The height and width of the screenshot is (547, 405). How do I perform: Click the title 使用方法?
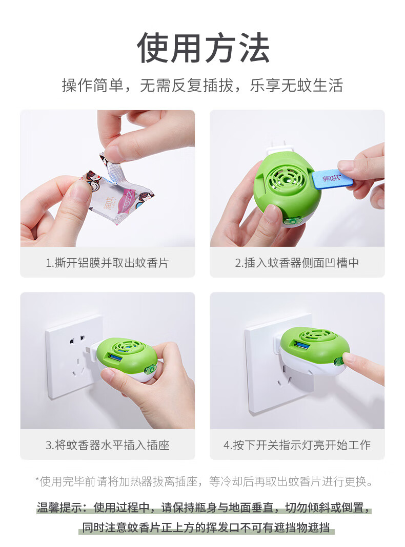[x=203, y=48]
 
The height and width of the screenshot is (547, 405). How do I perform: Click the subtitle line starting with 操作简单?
[x=202, y=86]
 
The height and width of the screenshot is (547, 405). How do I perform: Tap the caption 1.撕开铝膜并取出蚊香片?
[x=108, y=263]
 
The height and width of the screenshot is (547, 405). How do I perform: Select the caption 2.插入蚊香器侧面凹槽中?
[x=297, y=263]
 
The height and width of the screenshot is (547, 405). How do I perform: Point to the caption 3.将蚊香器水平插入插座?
[x=108, y=445]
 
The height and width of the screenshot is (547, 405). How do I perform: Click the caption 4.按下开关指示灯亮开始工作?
[x=297, y=445]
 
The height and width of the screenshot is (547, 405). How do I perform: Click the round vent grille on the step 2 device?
[x=285, y=180]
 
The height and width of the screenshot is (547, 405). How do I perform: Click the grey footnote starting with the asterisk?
[x=204, y=481]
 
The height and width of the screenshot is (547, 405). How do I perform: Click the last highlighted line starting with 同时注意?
[x=206, y=528]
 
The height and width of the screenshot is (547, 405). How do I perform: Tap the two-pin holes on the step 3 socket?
[x=77, y=340]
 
